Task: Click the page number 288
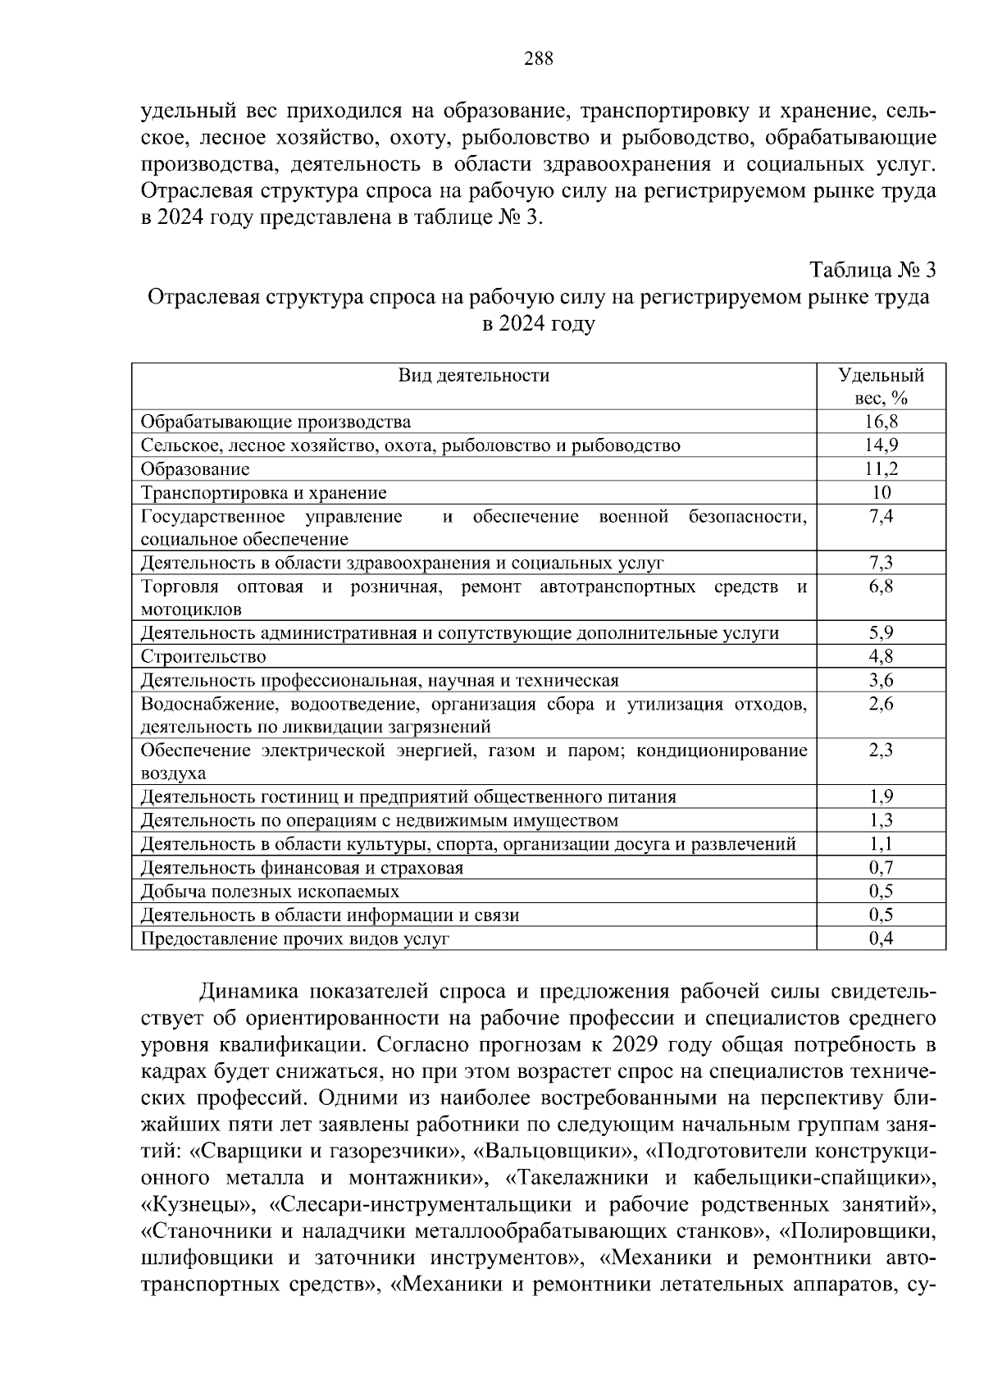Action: pos(538,58)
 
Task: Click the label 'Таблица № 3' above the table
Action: pos(872,270)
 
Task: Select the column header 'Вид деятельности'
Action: pos(474,376)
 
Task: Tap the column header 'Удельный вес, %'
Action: pos(881,387)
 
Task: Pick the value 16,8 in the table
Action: pos(881,422)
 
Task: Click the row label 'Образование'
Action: pos(195,469)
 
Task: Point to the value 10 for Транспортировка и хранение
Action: pos(881,493)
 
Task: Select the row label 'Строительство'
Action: pos(203,657)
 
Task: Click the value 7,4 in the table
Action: pos(881,517)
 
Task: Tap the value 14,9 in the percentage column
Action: pos(881,445)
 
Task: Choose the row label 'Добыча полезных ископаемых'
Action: pos(270,892)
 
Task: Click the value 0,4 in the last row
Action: pos(881,939)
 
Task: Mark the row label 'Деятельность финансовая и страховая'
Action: pos(302,868)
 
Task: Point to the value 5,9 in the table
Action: pos(881,633)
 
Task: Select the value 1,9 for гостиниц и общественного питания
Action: pos(881,797)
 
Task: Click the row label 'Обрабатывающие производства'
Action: pos(276,422)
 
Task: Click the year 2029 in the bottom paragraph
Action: pos(640,1046)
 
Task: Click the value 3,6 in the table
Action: pos(881,681)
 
